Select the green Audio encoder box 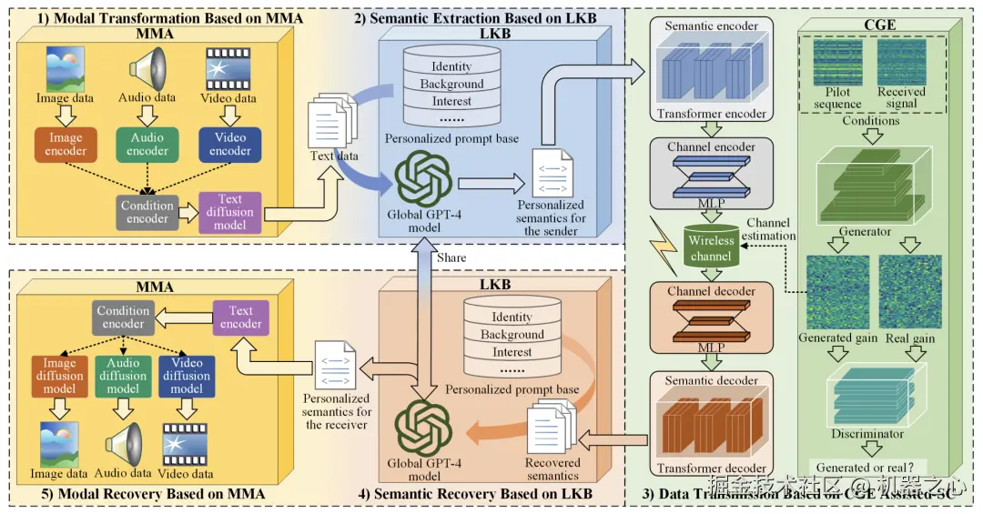click(x=147, y=145)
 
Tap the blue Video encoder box click(x=230, y=145)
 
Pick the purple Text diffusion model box click(x=230, y=211)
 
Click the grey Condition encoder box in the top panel click(x=147, y=211)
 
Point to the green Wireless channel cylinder click(x=711, y=247)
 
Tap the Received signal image click(x=901, y=62)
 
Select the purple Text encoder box click(x=241, y=316)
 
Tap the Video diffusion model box click(x=187, y=376)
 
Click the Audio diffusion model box click(x=123, y=376)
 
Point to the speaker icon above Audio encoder click(x=147, y=68)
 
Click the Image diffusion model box click(x=59, y=376)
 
